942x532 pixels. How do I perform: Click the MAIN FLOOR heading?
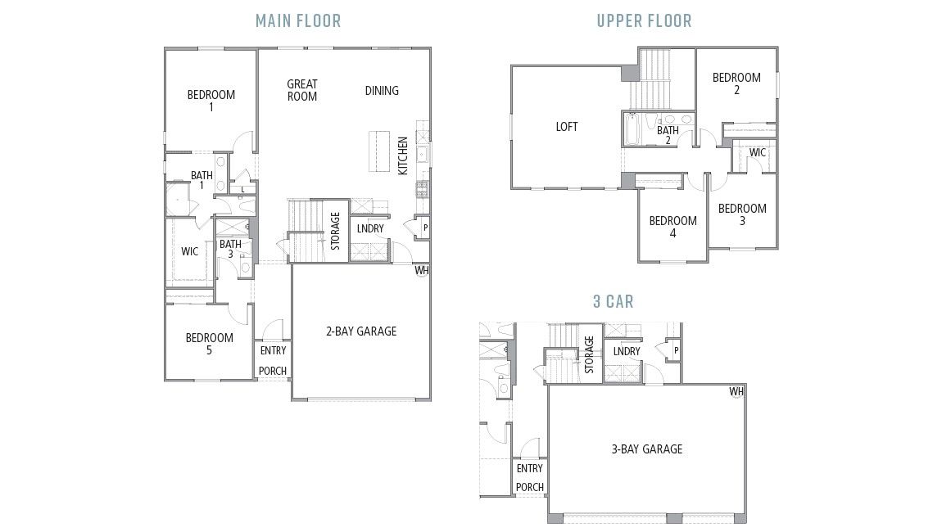(x=298, y=20)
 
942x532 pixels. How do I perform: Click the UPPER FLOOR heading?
(x=644, y=20)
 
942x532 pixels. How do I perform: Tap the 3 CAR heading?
(x=614, y=301)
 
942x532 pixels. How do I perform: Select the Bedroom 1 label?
(x=211, y=101)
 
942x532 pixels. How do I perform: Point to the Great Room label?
(x=301, y=90)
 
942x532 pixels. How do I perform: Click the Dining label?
(x=382, y=91)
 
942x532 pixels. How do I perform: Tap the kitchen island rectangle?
(x=378, y=151)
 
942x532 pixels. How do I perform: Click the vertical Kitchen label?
(x=403, y=156)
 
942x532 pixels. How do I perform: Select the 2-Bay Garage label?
(x=361, y=331)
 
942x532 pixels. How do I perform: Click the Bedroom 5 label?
(x=209, y=344)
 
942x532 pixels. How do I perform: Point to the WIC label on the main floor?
(x=189, y=251)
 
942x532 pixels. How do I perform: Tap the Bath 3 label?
(x=230, y=249)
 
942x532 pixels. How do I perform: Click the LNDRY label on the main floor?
(x=370, y=228)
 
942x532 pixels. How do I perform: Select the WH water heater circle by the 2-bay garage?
(x=422, y=270)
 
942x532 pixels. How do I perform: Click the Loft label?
(x=567, y=126)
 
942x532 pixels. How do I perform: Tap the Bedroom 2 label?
(x=736, y=83)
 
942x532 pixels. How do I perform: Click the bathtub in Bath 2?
(x=633, y=130)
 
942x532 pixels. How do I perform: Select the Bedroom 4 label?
(x=673, y=227)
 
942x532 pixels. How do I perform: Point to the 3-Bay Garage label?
(x=646, y=449)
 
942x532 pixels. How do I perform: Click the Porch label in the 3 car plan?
(x=529, y=486)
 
